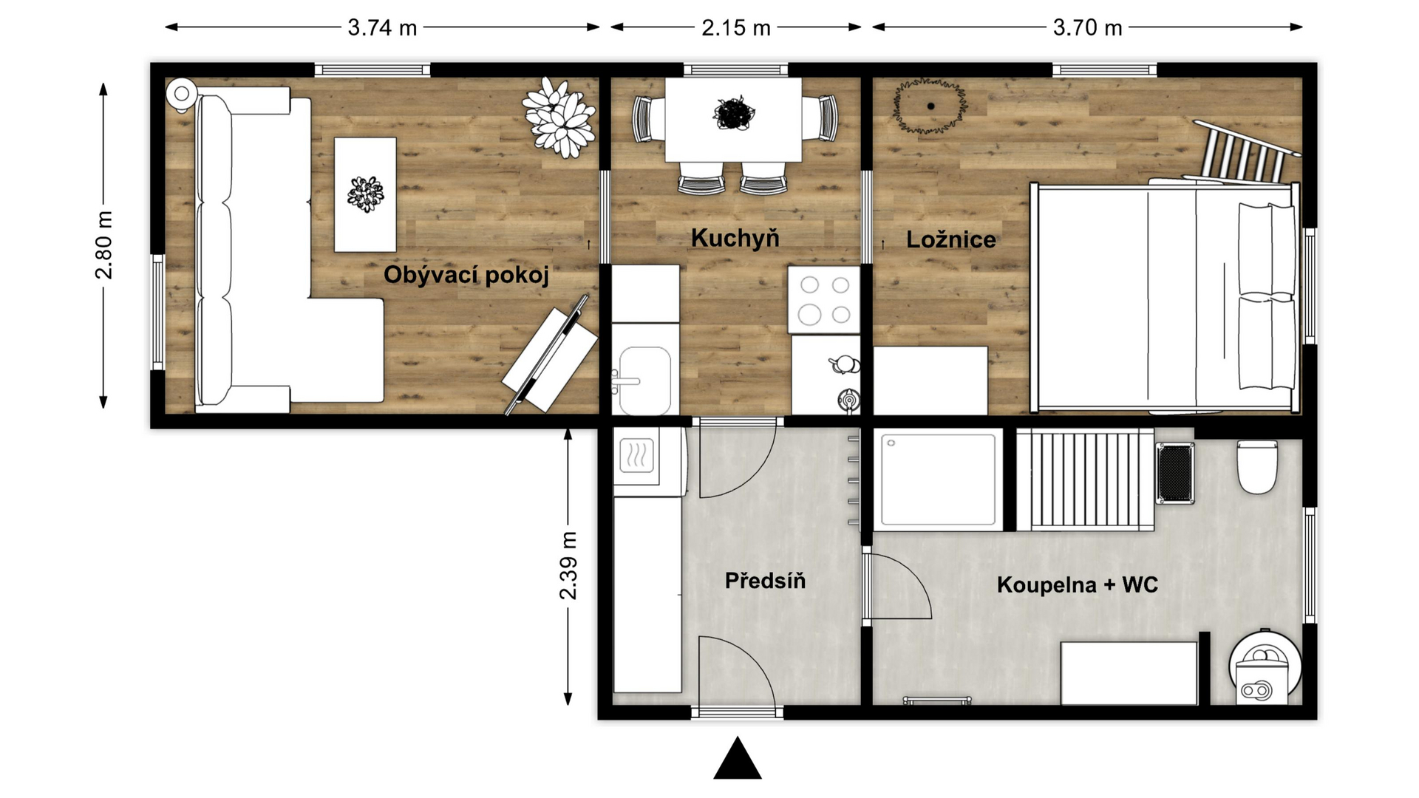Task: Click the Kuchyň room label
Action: tap(735, 238)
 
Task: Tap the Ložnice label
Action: tap(950, 239)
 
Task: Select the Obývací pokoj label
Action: tap(466, 276)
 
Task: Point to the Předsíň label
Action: tap(765, 581)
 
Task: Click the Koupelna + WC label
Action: tap(1077, 584)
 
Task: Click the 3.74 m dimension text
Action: tap(382, 28)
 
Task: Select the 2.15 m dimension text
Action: tap(735, 28)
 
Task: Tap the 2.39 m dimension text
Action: tap(568, 565)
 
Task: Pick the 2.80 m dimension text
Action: tap(104, 245)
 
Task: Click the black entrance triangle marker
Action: tap(738, 759)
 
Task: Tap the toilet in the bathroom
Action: tap(1257, 466)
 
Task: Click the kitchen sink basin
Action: tap(644, 381)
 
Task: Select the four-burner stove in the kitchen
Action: tap(824, 300)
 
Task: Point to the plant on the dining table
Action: tap(733, 114)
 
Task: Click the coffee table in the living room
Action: tap(365, 194)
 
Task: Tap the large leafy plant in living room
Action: tap(559, 117)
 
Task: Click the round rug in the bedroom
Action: tap(930, 106)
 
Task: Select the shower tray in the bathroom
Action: tap(938, 479)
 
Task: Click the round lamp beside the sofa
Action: tap(181, 94)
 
